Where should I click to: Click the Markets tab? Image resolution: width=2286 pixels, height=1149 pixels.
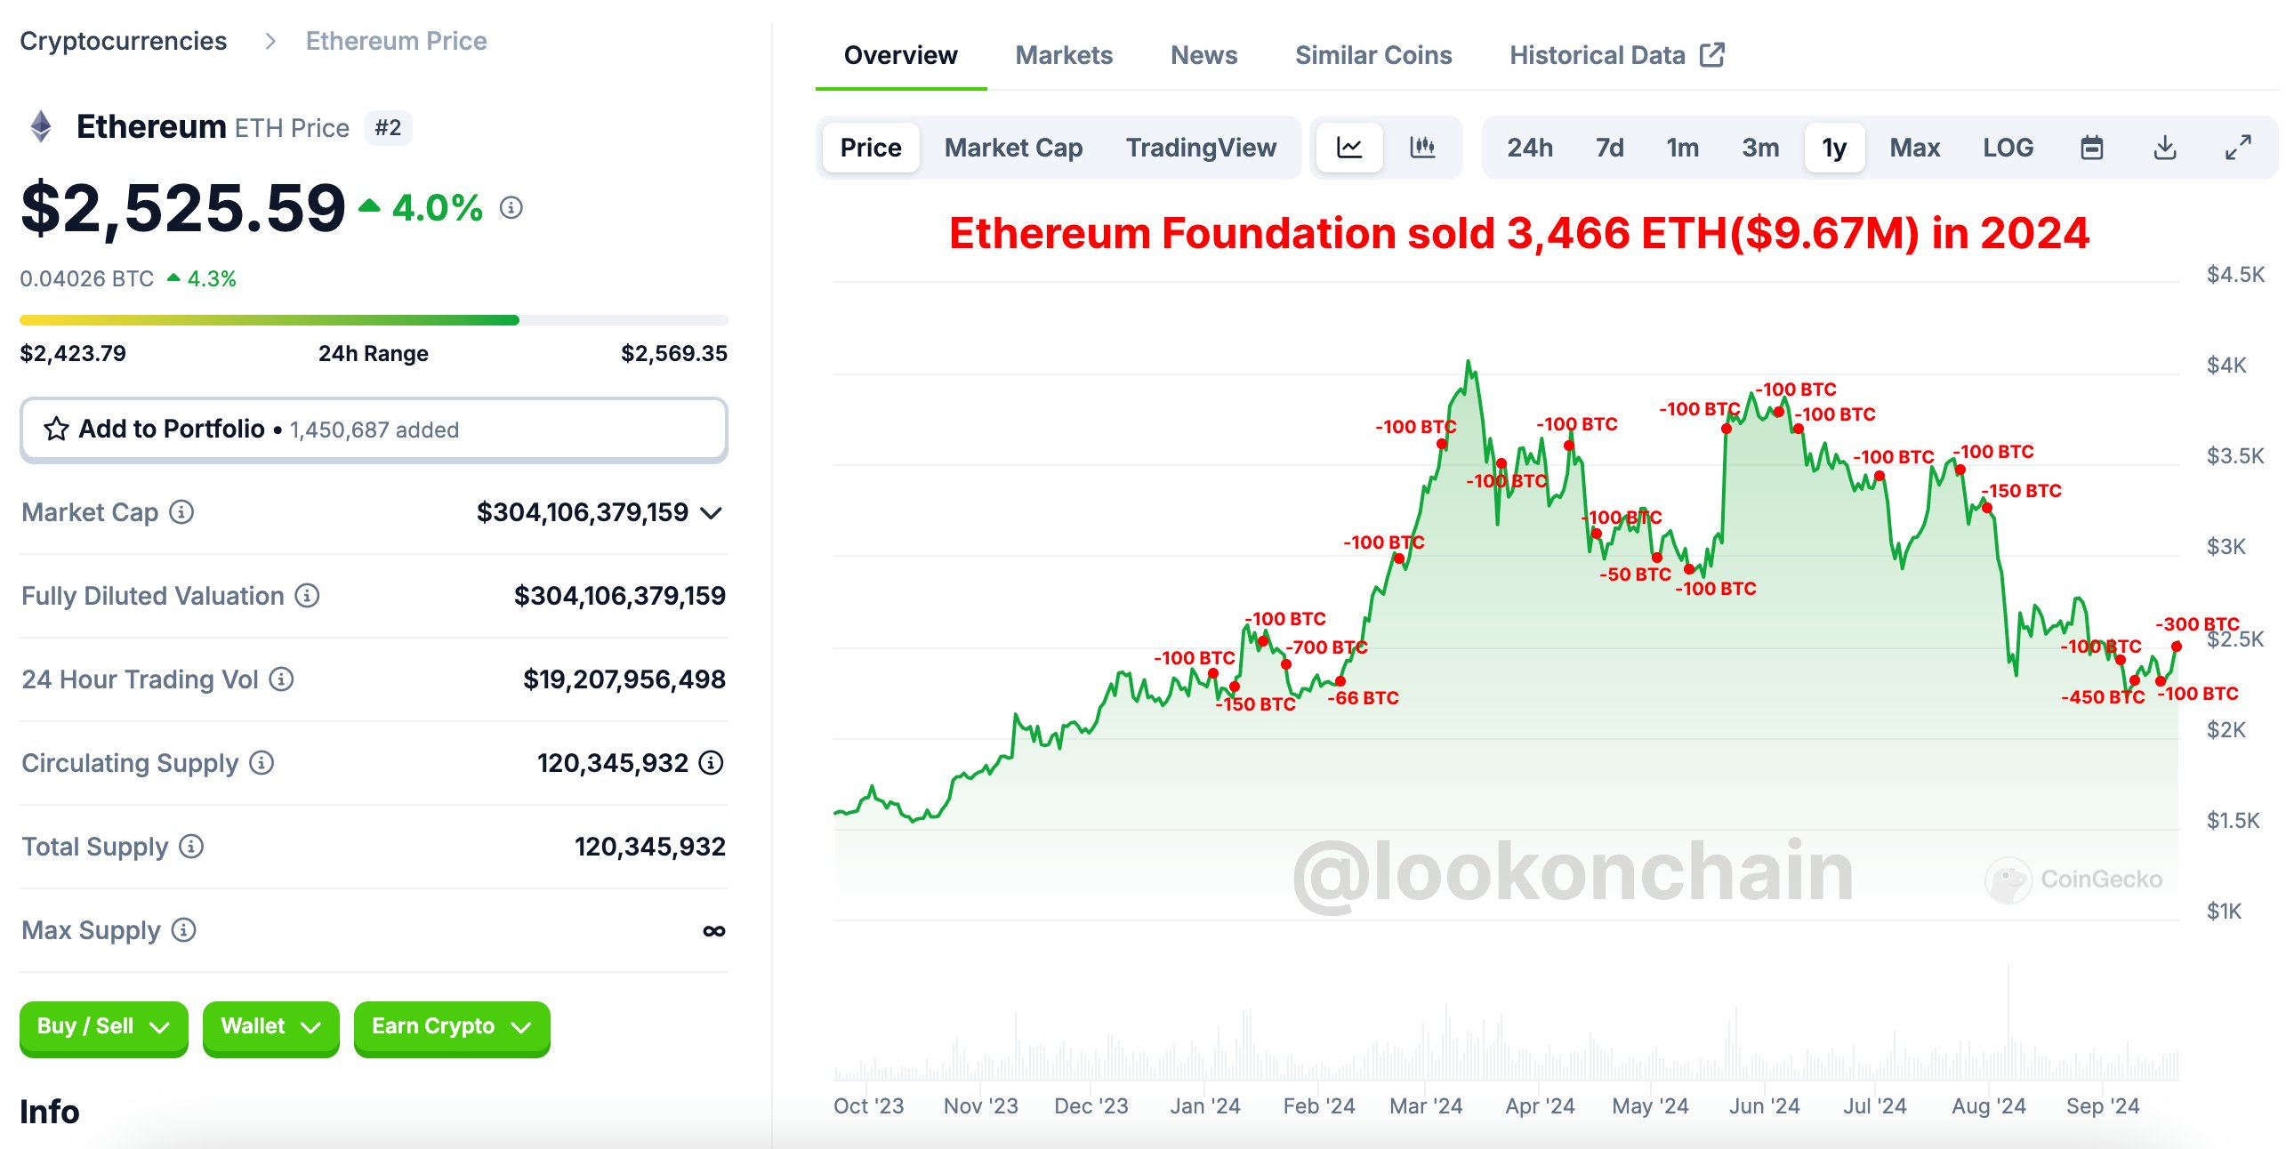pyautogui.click(x=1063, y=55)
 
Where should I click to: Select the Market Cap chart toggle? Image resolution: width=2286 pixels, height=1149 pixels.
pyautogui.click(x=1012, y=148)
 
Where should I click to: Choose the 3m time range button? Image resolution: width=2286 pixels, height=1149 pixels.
pyautogui.click(x=1759, y=148)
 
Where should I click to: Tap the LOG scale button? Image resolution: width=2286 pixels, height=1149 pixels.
pyautogui.click(x=2007, y=148)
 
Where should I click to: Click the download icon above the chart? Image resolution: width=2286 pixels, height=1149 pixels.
pyautogui.click(x=2164, y=148)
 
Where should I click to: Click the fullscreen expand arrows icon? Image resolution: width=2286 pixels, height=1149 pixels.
pyautogui.click(x=2237, y=148)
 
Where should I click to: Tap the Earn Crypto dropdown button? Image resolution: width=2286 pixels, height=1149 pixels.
pyautogui.click(x=451, y=1027)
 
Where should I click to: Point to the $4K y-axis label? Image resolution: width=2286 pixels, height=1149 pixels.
pyautogui.click(x=2226, y=366)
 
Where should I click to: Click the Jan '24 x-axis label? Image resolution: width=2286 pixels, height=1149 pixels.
pyautogui.click(x=1204, y=1106)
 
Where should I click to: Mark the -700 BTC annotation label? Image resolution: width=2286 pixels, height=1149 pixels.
pyautogui.click(x=1326, y=647)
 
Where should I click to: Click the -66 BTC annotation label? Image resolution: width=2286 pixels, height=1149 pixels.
pyautogui.click(x=1363, y=698)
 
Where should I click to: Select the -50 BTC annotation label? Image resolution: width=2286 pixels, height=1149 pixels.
pyautogui.click(x=1635, y=574)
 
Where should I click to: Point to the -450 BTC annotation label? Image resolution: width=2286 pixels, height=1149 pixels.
pyautogui.click(x=2102, y=697)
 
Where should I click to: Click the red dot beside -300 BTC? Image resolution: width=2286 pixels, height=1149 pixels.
pyautogui.click(x=2176, y=647)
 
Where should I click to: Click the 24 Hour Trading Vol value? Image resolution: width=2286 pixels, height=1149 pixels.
pyautogui.click(x=624, y=679)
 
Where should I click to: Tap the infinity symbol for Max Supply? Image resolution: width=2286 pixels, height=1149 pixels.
pyautogui.click(x=713, y=931)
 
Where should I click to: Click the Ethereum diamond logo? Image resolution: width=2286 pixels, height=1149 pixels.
pyautogui.click(x=41, y=126)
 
